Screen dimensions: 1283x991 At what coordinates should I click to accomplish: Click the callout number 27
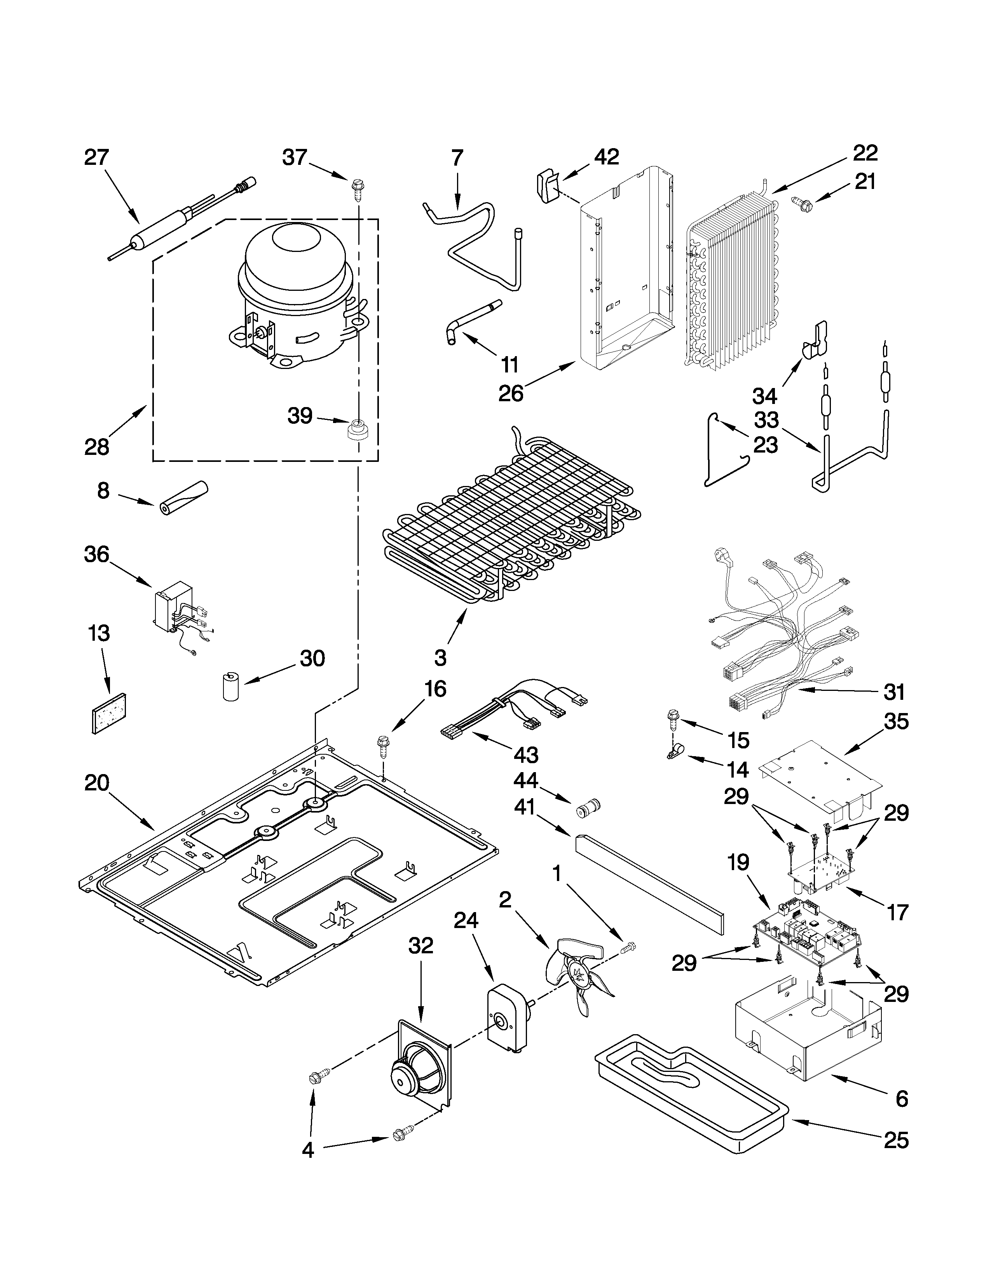(97, 157)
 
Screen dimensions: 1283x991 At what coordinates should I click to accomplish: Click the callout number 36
(97, 554)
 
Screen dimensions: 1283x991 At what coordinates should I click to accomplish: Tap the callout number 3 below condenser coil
(440, 657)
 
